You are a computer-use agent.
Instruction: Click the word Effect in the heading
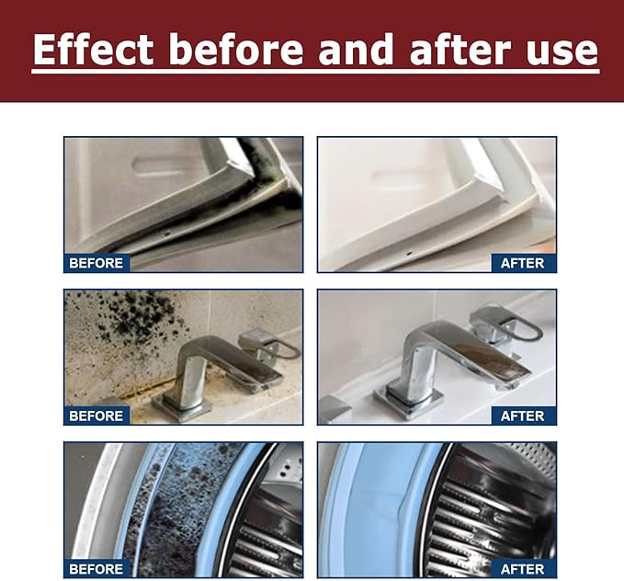pos(93,50)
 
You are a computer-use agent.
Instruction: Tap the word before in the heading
pos(237,50)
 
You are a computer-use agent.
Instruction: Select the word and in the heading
pos(357,50)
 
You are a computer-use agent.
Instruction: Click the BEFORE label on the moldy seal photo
pos(96,263)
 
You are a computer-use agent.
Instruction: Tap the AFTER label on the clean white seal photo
pos(522,263)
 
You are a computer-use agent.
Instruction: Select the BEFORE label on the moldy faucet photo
pos(96,416)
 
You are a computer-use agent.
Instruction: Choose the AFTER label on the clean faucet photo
pos(522,416)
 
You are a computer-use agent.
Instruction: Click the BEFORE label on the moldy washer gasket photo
pos(96,569)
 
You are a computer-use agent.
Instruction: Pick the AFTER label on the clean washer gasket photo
pos(522,569)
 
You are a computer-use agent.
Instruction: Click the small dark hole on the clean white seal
pos(408,252)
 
